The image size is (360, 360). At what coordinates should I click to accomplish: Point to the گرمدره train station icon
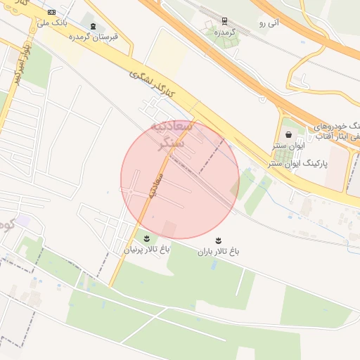[224, 21]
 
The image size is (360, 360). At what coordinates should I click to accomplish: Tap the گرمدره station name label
[224, 33]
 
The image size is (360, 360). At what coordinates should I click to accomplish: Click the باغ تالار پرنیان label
[147, 248]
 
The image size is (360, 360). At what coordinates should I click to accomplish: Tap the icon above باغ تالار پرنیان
[147, 237]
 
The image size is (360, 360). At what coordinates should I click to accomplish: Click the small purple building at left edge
[22, 220]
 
